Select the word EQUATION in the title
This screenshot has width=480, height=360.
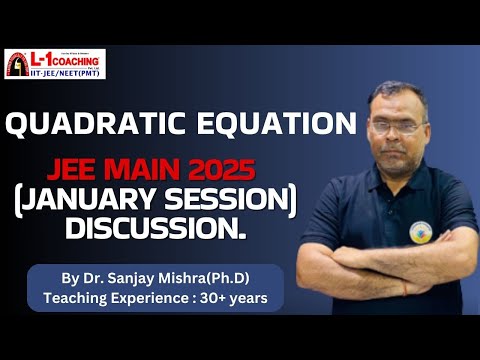(x=270, y=125)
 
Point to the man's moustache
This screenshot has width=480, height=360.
(x=397, y=150)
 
